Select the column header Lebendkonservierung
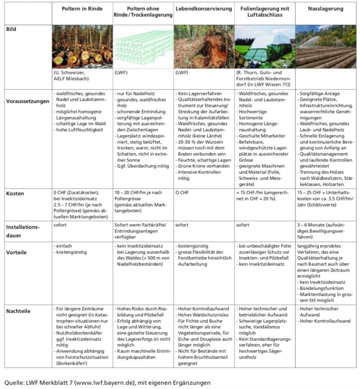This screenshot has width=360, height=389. point(204,9)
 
